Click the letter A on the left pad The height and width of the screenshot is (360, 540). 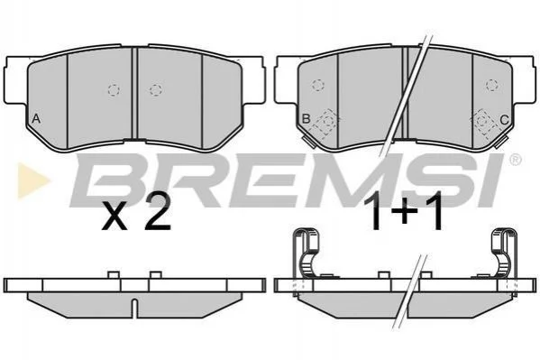36,119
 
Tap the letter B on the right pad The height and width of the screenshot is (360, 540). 306,119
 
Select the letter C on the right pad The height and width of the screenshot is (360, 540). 504,120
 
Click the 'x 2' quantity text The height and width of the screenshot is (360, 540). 136,212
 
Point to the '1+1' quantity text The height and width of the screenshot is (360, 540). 407,211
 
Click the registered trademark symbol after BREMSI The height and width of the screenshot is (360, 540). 515,160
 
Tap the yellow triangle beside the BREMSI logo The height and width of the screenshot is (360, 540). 32,180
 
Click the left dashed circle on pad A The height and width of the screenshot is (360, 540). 114,90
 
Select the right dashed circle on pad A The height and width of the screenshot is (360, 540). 156,90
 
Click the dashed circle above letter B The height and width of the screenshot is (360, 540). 318,85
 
